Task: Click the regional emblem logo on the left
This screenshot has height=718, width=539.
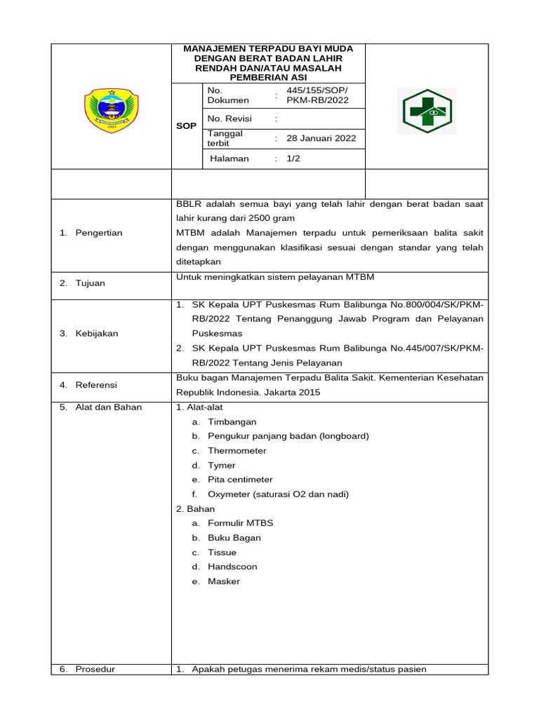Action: (x=111, y=110)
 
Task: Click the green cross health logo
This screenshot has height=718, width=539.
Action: (x=427, y=111)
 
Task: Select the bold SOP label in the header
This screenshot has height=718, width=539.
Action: (x=187, y=126)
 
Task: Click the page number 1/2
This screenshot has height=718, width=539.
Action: (x=293, y=158)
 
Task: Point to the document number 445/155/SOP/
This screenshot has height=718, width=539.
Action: (x=317, y=90)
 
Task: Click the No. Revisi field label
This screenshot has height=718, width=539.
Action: (x=229, y=118)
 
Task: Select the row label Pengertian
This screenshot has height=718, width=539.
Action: (x=100, y=233)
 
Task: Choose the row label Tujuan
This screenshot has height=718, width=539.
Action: (x=91, y=283)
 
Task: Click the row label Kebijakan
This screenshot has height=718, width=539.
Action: (x=97, y=334)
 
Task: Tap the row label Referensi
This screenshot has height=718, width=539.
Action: (x=97, y=385)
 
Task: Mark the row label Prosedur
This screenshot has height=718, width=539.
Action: (x=95, y=669)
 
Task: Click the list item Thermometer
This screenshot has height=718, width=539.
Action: (x=237, y=451)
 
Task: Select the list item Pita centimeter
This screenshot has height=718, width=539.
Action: (x=240, y=480)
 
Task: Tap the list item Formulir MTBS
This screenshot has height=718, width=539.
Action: (x=241, y=523)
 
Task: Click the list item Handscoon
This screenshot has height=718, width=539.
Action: (x=232, y=567)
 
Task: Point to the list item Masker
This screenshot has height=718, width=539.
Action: (x=224, y=581)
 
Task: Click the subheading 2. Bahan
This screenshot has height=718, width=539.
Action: (x=196, y=508)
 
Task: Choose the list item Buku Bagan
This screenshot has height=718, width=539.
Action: (x=234, y=538)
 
